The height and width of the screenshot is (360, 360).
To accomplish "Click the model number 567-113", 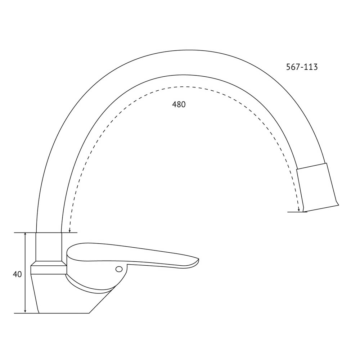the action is click(x=302, y=67).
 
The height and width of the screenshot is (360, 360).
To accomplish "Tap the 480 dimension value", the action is click(x=179, y=104).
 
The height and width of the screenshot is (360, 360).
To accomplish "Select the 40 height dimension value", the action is click(x=17, y=274).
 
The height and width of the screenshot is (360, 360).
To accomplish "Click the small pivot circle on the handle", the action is click(x=119, y=269).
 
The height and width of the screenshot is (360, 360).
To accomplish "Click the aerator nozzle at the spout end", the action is click(x=317, y=187).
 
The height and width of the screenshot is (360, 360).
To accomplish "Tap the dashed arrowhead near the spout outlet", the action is click(x=299, y=210).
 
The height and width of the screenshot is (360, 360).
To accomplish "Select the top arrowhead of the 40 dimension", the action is click(x=25, y=235).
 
